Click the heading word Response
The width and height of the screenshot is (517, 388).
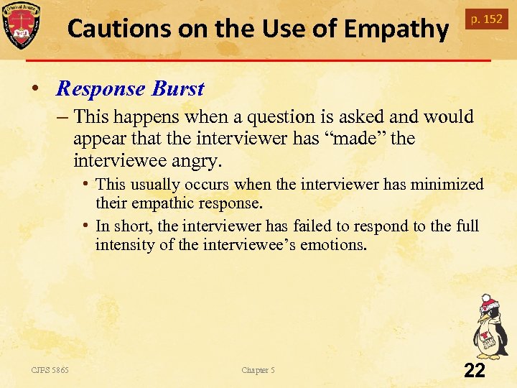(101, 88)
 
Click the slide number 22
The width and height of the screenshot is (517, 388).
(475, 370)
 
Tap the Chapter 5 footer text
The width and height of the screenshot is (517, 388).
(258, 370)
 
